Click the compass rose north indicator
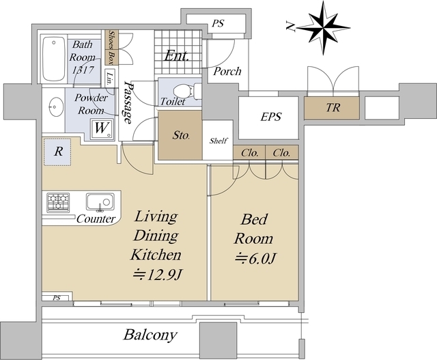click(323, 27)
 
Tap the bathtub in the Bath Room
click(54, 59)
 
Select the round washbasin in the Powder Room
click(55, 106)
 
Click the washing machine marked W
click(102, 129)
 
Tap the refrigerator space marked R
click(57, 152)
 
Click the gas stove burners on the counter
click(58, 202)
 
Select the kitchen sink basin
click(100, 202)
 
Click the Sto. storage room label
click(181, 135)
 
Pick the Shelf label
click(218, 141)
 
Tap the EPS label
click(270, 117)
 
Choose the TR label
click(333, 107)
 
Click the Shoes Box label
click(112, 47)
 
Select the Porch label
click(227, 72)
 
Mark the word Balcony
click(150, 335)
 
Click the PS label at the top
click(218, 23)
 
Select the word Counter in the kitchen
click(96, 219)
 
